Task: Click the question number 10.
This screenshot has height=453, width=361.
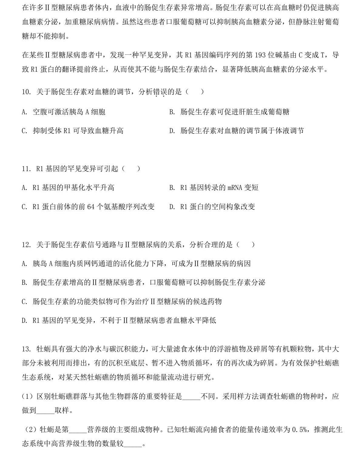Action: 26,92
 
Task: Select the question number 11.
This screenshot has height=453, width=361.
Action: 26,169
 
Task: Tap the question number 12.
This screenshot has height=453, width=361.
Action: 26,244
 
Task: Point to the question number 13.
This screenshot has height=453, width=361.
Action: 26,349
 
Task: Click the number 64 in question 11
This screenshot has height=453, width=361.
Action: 91,207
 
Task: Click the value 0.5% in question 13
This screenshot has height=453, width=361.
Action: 299,430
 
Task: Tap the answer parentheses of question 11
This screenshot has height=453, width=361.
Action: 131,169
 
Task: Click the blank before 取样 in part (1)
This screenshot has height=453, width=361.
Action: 45,411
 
